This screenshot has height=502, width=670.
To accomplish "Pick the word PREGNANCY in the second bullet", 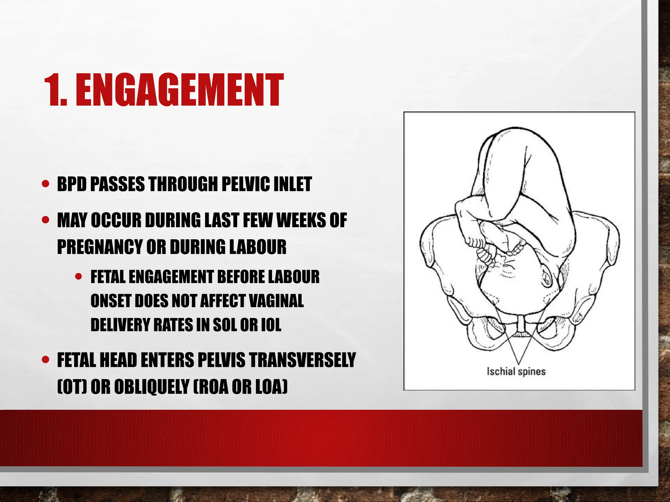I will pyautogui.click(x=99, y=247).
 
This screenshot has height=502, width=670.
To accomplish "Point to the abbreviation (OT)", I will pyautogui.click(x=72, y=387).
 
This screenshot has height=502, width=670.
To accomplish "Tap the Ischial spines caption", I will pyautogui.click(x=516, y=372).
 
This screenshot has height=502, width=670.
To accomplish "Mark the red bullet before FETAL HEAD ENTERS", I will pyautogui.click(x=45, y=360).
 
